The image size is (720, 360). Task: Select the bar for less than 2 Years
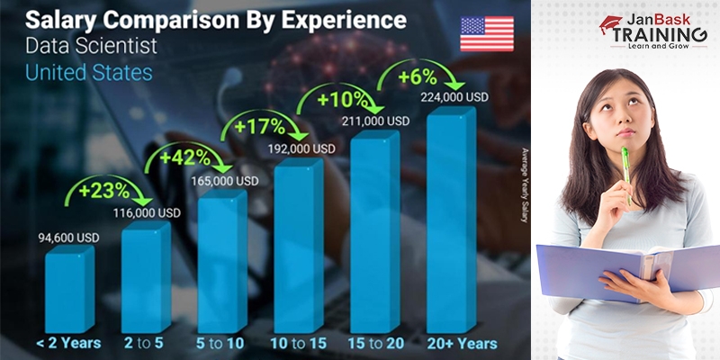(67, 289)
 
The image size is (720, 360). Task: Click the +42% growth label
(185, 157)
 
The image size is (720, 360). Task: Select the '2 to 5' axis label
(146, 342)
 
